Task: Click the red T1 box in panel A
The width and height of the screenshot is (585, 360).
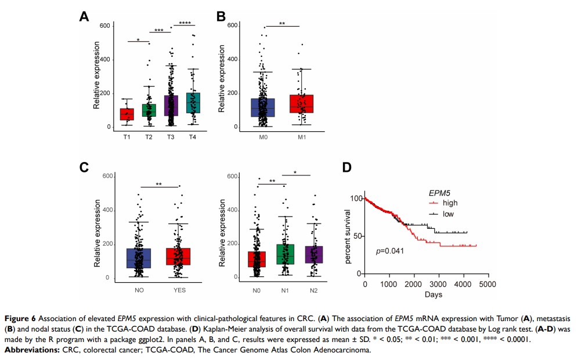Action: [127, 114]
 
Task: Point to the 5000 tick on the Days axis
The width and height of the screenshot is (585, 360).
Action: [488, 285]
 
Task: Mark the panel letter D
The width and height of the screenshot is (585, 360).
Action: [347, 167]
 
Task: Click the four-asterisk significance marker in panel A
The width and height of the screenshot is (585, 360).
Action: [185, 23]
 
